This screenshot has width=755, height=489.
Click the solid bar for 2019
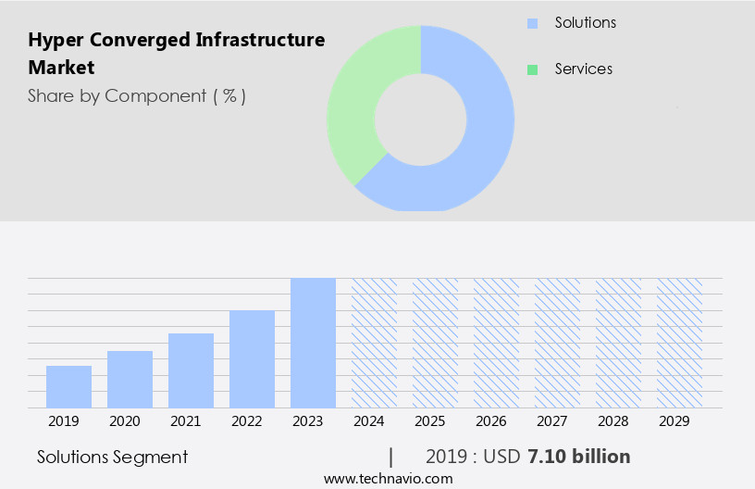pos(68,386)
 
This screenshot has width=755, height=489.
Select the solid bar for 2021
pos(191,370)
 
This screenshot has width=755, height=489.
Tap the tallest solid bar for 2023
pos(313,343)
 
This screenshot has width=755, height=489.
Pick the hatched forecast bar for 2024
pos(374,343)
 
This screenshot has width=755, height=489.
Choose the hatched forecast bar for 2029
pos(679,343)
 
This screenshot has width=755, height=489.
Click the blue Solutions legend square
pos(532,23)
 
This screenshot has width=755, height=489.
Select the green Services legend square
pos(532,69)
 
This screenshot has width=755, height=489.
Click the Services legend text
pos(583,69)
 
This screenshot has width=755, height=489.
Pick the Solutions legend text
pos(585,23)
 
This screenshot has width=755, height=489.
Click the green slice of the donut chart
pos(356,102)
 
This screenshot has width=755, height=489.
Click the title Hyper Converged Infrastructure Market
pos(176,54)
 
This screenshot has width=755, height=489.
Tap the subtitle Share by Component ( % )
pos(137,95)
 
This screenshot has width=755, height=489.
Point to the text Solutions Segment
pos(112,457)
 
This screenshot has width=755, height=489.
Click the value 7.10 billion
pos(578,457)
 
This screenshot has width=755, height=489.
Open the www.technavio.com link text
pos(388,479)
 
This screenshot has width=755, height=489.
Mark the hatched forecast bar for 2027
pos(557,343)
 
